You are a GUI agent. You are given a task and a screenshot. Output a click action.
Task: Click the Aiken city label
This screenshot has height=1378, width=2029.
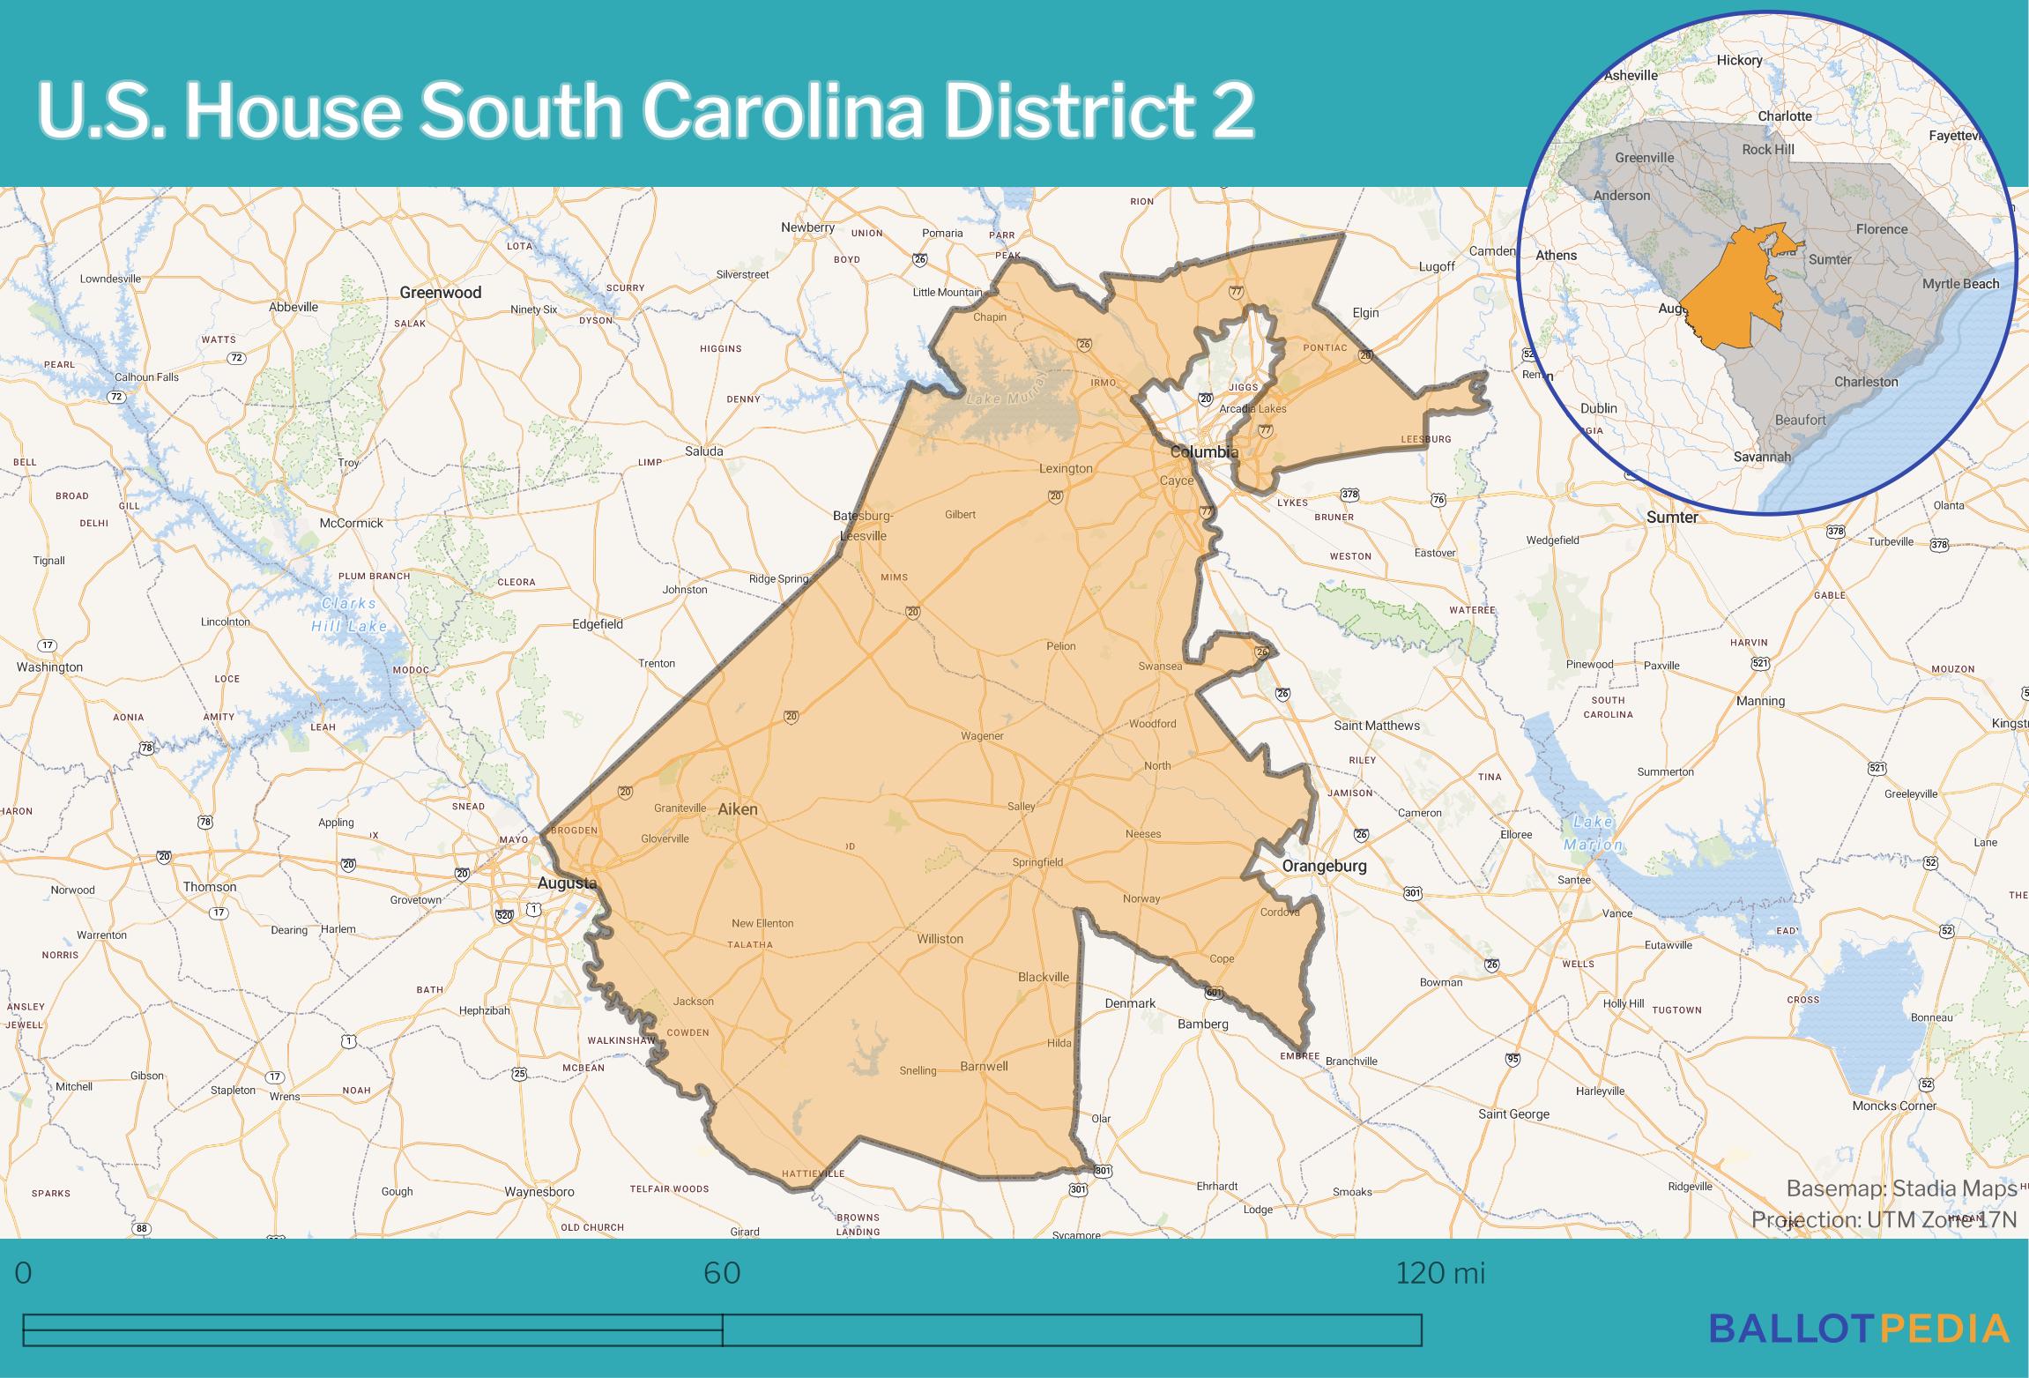(737, 808)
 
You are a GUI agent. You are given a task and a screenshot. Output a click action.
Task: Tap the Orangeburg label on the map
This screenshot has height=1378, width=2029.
(1324, 866)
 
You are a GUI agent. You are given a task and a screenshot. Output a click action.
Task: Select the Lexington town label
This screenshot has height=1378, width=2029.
(1066, 468)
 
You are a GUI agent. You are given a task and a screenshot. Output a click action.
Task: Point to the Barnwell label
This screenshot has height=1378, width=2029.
(984, 1066)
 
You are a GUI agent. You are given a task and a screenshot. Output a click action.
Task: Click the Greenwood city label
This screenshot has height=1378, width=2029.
(441, 293)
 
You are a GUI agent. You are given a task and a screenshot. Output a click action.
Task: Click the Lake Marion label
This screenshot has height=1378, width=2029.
(1592, 833)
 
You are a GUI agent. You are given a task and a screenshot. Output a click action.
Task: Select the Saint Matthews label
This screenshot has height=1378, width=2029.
(1377, 726)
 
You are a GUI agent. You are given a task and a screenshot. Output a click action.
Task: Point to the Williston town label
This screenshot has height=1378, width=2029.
(940, 939)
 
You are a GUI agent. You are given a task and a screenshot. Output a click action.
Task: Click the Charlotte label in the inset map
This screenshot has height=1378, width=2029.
(1785, 115)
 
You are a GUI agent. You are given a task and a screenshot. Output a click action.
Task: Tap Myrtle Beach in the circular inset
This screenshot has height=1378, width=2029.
(1960, 283)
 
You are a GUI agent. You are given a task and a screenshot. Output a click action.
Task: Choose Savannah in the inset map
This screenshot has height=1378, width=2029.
(1762, 457)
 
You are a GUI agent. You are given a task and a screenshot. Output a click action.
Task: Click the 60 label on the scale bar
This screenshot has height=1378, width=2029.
(722, 1273)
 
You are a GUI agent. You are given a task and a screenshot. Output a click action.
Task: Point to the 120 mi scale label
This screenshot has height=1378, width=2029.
(1440, 1273)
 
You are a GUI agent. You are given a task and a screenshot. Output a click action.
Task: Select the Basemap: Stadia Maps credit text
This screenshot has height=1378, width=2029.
(1901, 1188)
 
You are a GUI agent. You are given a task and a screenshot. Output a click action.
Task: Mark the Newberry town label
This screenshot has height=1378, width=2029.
(807, 227)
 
